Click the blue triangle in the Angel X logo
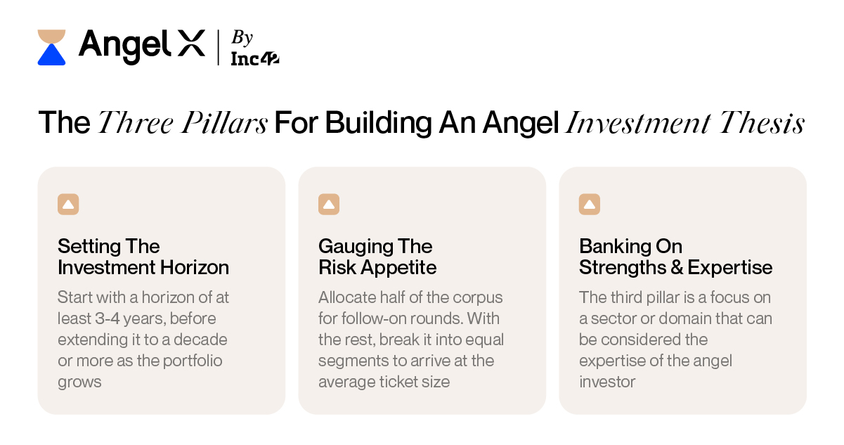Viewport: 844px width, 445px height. click(51, 56)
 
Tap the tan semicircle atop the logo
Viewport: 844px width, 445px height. click(51, 37)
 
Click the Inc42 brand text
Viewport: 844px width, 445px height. click(254, 59)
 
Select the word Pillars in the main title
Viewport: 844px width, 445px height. click(231, 124)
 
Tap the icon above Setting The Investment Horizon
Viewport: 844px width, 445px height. click(68, 205)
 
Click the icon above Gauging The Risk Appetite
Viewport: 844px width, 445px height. click(329, 205)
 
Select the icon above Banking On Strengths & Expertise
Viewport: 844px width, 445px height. click(590, 205)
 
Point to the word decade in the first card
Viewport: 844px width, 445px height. click(202, 340)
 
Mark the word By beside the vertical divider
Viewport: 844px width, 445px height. click(242, 38)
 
